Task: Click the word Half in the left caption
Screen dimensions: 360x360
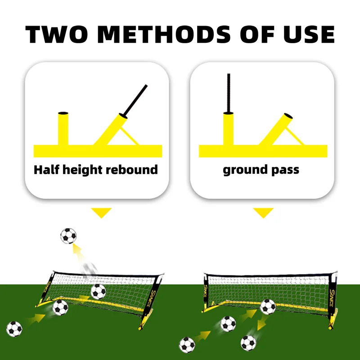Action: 47,170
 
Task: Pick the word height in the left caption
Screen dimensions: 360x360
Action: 85,170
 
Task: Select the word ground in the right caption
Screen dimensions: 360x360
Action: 245,170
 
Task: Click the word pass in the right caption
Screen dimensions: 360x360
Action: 285,170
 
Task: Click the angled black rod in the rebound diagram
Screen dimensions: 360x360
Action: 135,99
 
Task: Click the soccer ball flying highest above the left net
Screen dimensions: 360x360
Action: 68,236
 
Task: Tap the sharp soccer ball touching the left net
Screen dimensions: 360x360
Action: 98,292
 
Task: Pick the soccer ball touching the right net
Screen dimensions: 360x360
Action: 268,307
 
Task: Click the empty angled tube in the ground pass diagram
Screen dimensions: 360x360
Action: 279,128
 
